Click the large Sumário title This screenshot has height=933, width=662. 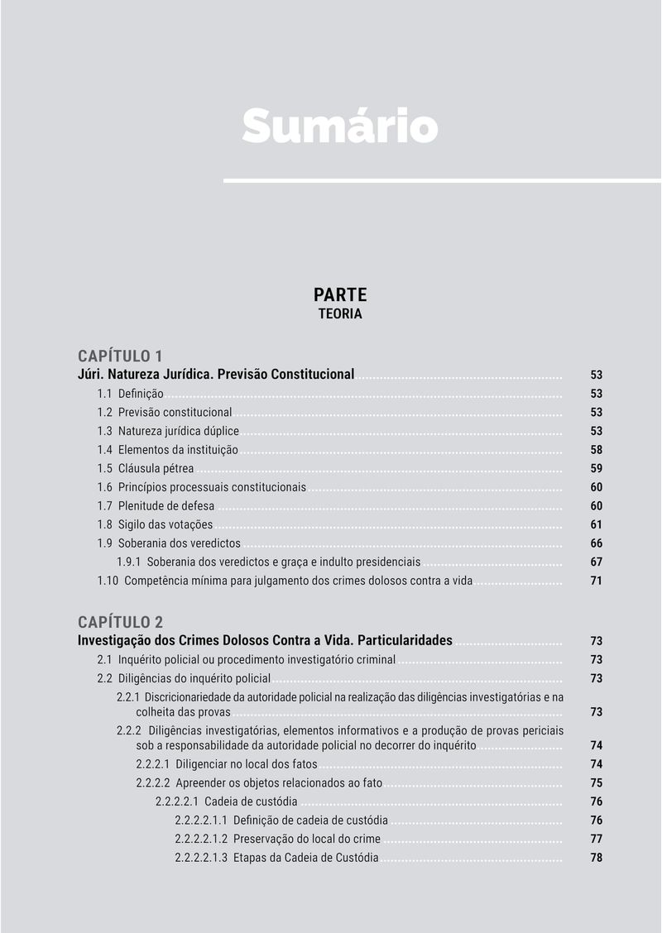pyautogui.click(x=339, y=126)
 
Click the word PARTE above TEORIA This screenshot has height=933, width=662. pyautogui.click(x=339, y=294)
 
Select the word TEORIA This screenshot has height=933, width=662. pyautogui.click(x=339, y=314)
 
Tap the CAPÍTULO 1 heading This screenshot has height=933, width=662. pyautogui.click(x=120, y=356)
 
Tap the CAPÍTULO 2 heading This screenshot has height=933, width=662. pyautogui.click(x=120, y=622)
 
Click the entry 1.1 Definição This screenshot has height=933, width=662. pyautogui.click(x=131, y=394)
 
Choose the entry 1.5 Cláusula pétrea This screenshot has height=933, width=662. pyautogui.click(x=146, y=469)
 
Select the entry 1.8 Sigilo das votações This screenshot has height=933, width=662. pyautogui.click(x=155, y=524)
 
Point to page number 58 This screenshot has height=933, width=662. pyautogui.click(x=596, y=450)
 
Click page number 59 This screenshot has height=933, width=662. pyautogui.click(x=596, y=469)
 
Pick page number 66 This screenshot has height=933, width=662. pyautogui.click(x=596, y=543)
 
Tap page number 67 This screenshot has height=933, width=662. pyautogui.click(x=596, y=562)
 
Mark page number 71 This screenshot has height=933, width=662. pyautogui.click(x=596, y=581)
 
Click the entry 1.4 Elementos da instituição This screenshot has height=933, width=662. pyautogui.click(x=168, y=450)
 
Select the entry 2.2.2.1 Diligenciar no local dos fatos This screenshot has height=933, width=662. pyautogui.click(x=227, y=764)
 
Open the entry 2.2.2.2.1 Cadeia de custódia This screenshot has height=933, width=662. pyautogui.click(x=227, y=801)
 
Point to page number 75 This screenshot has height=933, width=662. pyautogui.click(x=596, y=783)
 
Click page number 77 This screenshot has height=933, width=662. pyautogui.click(x=596, y=839)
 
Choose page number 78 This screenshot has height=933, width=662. pyautogui.click(x=596, y=858)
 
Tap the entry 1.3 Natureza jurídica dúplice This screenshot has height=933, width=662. pyautogui.click(x=168, y=431)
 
